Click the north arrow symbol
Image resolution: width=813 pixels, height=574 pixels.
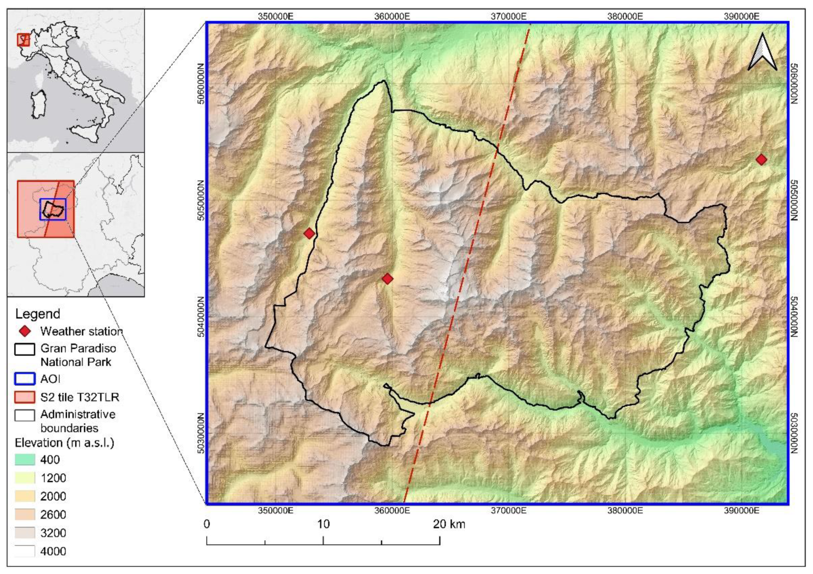(762, 52)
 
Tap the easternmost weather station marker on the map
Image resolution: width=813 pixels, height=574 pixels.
(761, 160)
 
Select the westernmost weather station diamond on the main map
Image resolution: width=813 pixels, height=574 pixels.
(309, 233)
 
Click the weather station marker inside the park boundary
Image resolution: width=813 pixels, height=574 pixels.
(387, 279)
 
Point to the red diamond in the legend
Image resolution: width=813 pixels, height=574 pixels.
(25, 332)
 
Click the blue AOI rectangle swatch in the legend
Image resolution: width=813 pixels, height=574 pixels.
(25, 379)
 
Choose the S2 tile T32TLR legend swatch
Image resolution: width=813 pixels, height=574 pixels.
(25, 397)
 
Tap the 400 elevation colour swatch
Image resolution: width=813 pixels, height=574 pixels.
(25, 460)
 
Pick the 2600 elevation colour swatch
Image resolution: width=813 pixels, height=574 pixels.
(25, 515)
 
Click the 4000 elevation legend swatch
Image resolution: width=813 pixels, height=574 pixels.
(25, 551)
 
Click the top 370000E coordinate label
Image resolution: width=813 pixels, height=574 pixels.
(509, 16)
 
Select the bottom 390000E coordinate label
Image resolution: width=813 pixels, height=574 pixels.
(742, 511)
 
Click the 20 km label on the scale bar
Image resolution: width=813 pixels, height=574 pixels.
(449, 524)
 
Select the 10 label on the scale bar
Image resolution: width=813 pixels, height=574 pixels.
(323, 524)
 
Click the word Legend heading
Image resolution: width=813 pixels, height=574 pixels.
(38, 314)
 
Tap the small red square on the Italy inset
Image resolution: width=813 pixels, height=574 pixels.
(23, 39)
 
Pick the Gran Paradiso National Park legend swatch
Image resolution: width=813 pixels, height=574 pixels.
(25, 349)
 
